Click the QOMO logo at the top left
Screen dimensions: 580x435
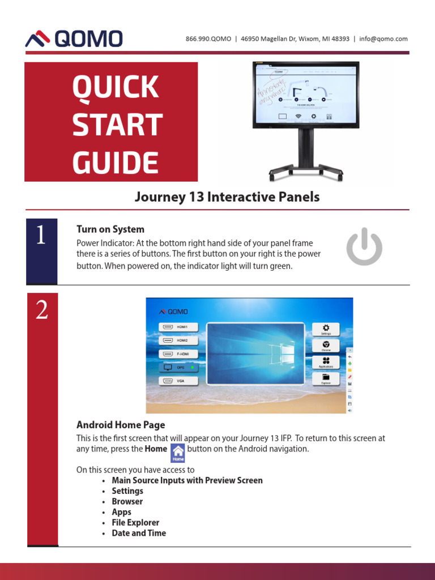coord(74,39)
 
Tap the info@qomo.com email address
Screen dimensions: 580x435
coord(383,39)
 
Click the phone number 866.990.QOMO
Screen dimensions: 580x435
coord(208,39)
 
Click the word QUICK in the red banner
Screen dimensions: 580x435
coord(115,88)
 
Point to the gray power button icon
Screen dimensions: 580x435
coord(364,246)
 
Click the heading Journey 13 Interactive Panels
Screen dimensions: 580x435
coord(227,197)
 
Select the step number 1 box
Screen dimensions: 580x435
coord(41,250)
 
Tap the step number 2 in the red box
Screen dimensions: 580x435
coord(42,310)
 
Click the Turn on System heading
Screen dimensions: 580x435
coord(110,229)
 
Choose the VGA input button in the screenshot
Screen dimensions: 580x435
coord(179,381)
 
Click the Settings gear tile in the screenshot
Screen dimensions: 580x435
coord(326,330)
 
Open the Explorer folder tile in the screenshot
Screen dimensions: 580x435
coord(326,378)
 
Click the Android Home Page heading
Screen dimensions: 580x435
coord(121,424)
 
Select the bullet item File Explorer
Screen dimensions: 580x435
coord(135,522)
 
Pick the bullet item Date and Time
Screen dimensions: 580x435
coord(139,533)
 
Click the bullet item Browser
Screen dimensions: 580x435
coord(127,501)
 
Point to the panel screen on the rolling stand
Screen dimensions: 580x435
coord(305,93)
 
